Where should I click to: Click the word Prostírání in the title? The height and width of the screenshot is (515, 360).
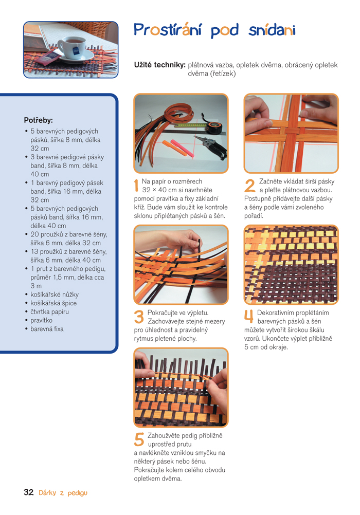pyautogui.click(x=168, y=30)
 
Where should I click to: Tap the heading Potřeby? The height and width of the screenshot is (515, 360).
pyautogui.click(x=39, y=120)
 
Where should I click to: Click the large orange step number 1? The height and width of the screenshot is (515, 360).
pyautogui.click(x=136, y=186)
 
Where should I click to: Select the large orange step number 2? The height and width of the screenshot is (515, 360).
pyautogui.click(x=250, y=186)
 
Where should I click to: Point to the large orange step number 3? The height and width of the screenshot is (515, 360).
pyautogui.click(x=139, y=317)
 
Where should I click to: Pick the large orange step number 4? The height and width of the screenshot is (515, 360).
pyautogui.click(x=249, y=317)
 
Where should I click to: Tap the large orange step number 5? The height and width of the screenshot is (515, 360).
pyautogui.click(x=139, y=440)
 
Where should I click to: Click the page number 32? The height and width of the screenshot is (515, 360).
pyautogui.click(x=29, y=492)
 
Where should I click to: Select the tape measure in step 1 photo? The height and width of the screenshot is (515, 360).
pyautogui.click(x=214, y=127)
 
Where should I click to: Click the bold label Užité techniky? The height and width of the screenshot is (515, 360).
pyautogui.click(x=160, y=65)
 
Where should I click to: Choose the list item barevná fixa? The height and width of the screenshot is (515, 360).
pyautogui.click(x=47, y=329)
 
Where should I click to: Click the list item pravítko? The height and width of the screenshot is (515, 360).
pyautogui.click(x=42, y=320)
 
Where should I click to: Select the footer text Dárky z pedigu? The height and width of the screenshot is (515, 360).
pyautogui.click(x=63, y=493)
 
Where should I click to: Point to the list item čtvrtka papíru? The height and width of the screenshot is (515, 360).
pyautogui.click(x=50, y=311)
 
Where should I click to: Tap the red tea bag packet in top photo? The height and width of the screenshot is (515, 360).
pyautogui.click(x=49, y=57)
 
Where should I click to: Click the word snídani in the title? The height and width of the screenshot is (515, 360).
pyautogui.click(x=272, y=30)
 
